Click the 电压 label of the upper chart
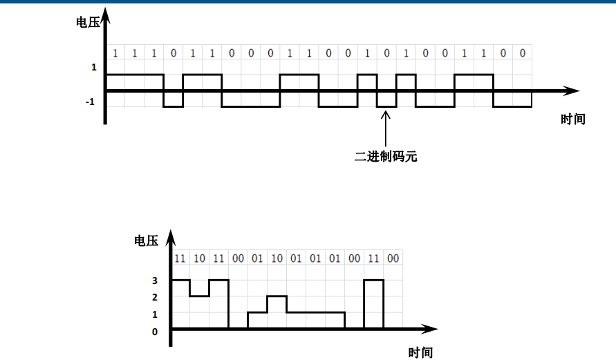[88, 21]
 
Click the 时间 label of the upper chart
[572, 119]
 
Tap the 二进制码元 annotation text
[386, 156]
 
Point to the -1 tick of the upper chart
[90, 102]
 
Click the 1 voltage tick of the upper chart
[93, 68]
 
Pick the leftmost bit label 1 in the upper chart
[115, 53]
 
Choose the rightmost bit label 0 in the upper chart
[522, 53]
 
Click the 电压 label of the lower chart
[146, 240]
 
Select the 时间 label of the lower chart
[420, 352]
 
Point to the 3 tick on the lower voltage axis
[155, 281]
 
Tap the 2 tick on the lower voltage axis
[155, 298]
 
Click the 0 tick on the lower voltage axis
[155, 332]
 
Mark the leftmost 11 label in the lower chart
[180, 258]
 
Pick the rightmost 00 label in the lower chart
[393, 258]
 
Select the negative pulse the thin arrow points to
[386, 102]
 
